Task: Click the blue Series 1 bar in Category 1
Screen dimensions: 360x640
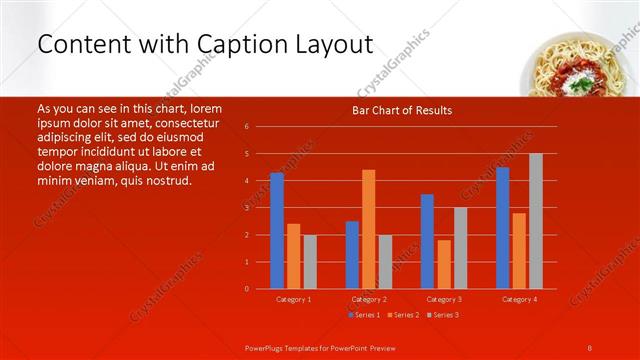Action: [277, 231]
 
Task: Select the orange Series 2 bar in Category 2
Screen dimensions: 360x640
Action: [368, 229]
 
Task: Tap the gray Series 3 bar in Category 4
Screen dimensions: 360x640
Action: [535, 221]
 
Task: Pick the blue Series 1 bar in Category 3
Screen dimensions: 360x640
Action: [427, 241]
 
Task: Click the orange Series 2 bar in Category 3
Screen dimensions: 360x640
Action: [443, 264]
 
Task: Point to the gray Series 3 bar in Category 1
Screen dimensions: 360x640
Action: [310, 262]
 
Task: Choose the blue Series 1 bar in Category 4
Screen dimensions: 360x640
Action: [502, 228]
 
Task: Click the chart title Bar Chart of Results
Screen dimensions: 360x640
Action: [402, 110]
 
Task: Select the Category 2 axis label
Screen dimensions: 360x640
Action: [368, 299]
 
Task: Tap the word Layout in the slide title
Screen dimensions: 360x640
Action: [335, 44]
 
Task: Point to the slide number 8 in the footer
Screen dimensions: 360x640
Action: [590, 347]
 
